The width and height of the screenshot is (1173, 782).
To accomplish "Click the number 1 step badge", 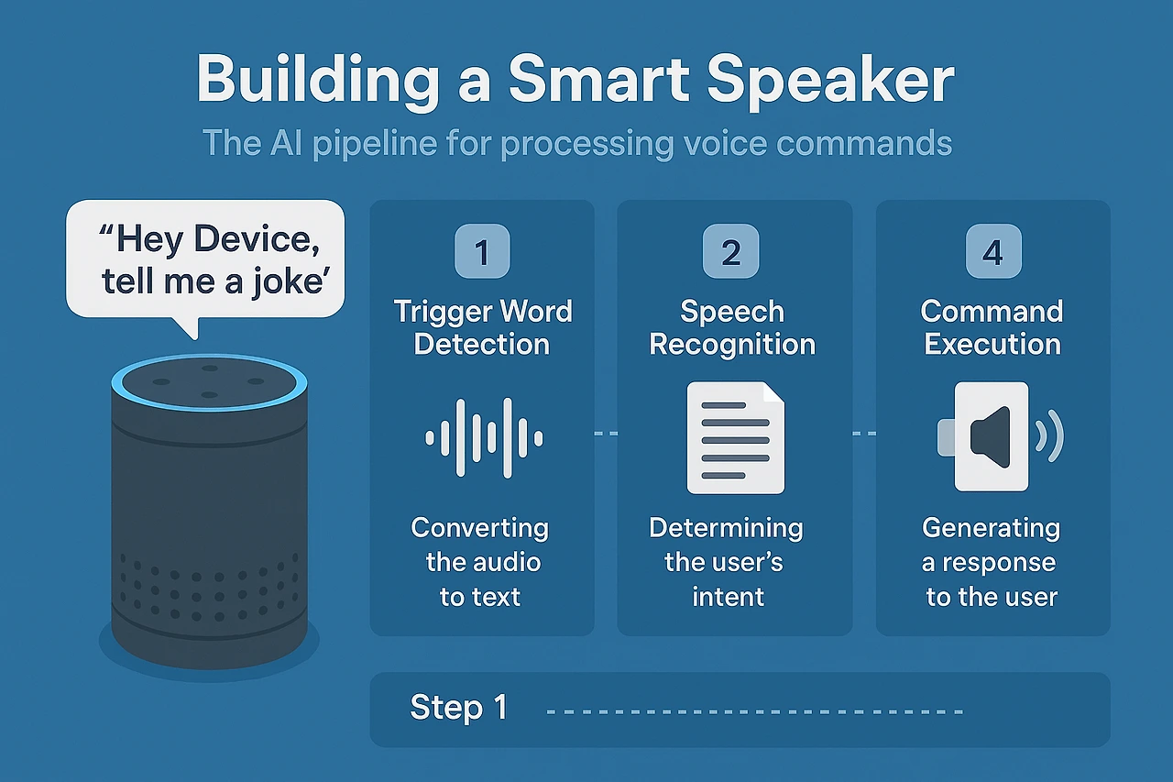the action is tap(482, 251).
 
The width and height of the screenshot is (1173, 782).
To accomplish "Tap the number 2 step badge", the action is tap(730, 251).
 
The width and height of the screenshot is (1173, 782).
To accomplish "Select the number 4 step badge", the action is tap(992, 251).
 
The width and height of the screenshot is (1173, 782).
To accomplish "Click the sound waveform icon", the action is tap(484, 438).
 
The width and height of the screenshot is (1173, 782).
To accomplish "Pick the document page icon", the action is tap(736, 438).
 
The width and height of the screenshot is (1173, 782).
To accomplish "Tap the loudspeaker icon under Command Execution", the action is tap(992, 437).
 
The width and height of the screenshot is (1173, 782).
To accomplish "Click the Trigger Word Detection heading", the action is tap(482, 327).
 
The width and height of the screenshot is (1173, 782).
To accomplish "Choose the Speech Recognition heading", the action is tap(732, 327).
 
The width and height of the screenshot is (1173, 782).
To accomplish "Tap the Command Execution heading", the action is tap(992, 327).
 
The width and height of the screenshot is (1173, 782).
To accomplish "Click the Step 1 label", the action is tap(458, 708).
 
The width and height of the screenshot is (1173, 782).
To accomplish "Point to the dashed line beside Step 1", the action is tap(753, 710).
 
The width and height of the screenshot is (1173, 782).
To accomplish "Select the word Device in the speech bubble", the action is tap(241, 239).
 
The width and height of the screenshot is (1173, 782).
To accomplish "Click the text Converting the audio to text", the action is tap(480, 562).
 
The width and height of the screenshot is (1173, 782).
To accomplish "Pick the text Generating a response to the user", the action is tap(992, 562).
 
